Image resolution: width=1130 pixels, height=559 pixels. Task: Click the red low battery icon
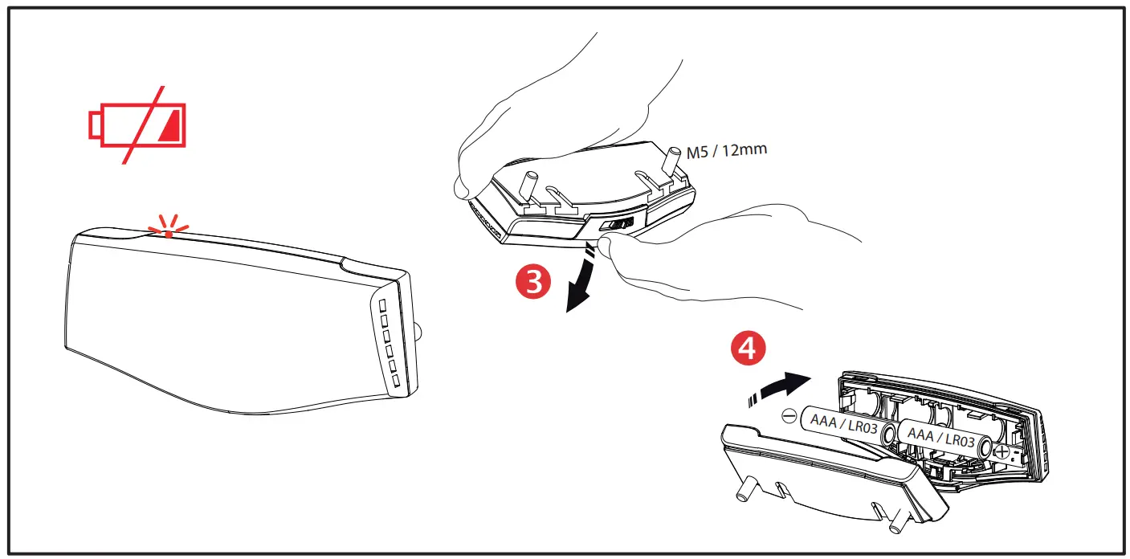(137, 124)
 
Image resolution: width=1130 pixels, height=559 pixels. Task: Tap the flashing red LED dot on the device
(168, 234)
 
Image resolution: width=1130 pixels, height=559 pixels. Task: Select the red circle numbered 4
(746, 351)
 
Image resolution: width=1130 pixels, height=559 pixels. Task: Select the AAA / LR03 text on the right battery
(940, 438)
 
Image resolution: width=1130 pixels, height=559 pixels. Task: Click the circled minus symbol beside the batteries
(789, 416)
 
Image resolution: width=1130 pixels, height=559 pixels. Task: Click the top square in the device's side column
(383, 306)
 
